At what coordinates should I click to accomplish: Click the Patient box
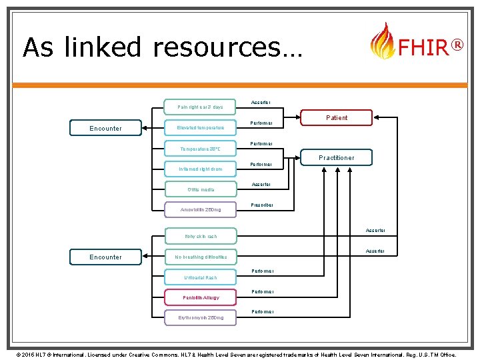tap(337, 117)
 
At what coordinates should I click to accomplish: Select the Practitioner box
tap(337, 157)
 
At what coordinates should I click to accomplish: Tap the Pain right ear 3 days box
tap(200, 107)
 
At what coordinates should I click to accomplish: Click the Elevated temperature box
tap(200, 127)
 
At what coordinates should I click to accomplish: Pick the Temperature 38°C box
tap(200, 148)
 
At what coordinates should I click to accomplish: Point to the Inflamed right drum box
tap(200, 169)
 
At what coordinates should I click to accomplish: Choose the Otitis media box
tap(200, 189)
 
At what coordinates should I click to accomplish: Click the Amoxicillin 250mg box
tap(200, 210)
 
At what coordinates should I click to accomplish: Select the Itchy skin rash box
tap(200, 236)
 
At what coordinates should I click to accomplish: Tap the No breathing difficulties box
tap(200, 257)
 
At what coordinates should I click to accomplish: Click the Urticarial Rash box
tap(200, 277)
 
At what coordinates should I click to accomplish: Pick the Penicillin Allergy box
tap(200, 297)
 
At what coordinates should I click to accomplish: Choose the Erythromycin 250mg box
tap(200, 317)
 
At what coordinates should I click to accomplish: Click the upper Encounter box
tap(105, 128)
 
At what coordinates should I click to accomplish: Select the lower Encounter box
tap(105, 257)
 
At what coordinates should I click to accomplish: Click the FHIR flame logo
tap(381, 41)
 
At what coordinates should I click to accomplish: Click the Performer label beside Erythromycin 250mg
tap(261, 311)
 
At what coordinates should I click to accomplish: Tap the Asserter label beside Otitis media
tap(261, 184)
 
